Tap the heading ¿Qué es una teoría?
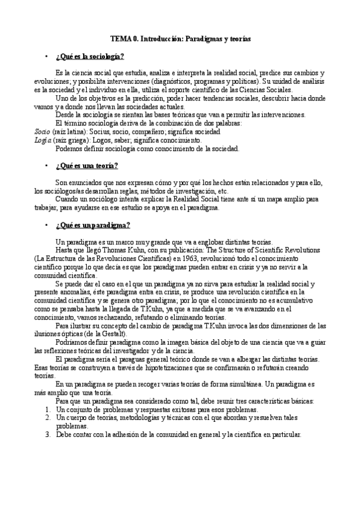click(x=86, y=166)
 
